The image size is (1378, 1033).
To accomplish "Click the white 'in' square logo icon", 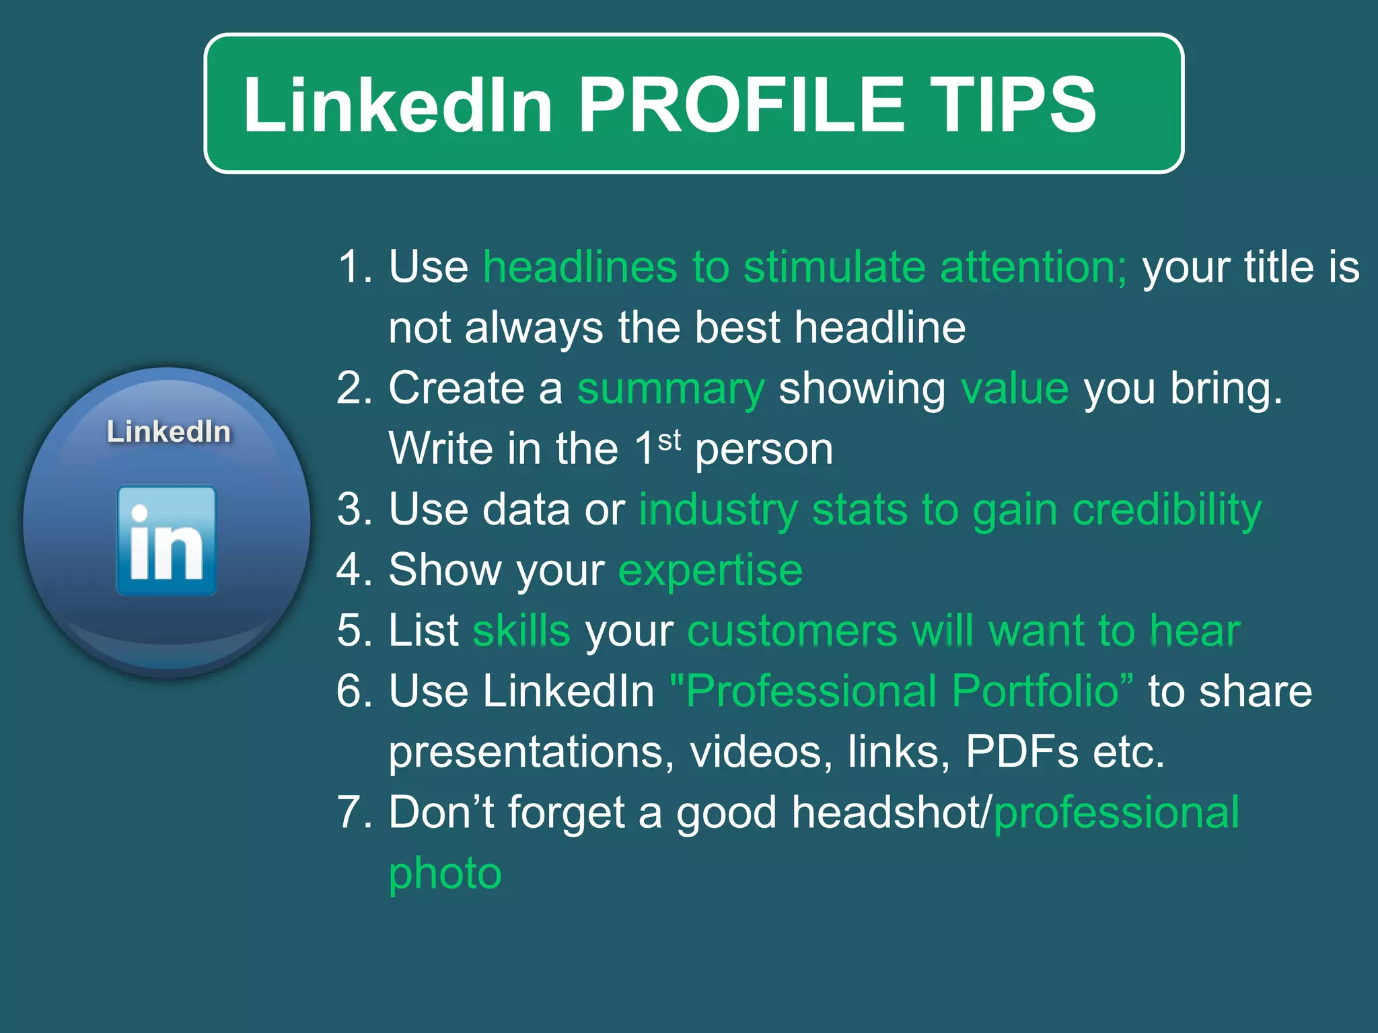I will [167, 541].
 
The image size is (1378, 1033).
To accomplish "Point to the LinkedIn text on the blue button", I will [169, 432].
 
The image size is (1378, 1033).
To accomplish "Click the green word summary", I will [671, 390].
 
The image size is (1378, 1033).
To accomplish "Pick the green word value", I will [1015, 389].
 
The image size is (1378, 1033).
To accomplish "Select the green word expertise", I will [711, 570].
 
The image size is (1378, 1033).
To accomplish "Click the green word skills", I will [521, 631].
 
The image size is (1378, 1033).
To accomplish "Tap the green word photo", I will [445, 874].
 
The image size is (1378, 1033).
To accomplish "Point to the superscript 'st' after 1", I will [669, 441].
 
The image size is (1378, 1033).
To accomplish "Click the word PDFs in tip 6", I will [1021, 752].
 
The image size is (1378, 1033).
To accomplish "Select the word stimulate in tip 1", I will [834, 267].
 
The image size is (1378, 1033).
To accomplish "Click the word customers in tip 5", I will [792, 631].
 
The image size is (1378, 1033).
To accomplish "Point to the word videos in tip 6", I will [756, 752].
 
